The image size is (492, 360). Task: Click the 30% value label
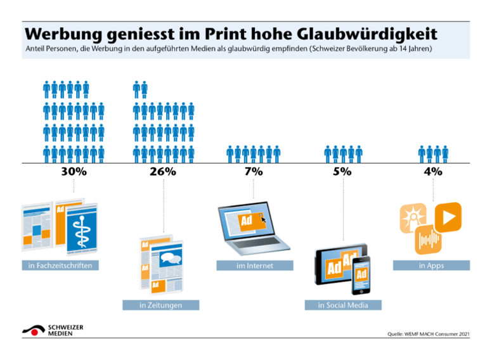pyautogui.click(x=74, y=172)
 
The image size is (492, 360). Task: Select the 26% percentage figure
pyautogui.click(x=164, y=172)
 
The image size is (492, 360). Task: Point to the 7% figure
pyautogui.click(x=253, y=172)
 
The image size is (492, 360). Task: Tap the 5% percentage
pyautogui.click(x=343, y=172)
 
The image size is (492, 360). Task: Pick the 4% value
pyautogui.click(x=433, y=172)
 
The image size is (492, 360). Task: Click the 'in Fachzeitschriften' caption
pyautogui.click(x=60, y=266)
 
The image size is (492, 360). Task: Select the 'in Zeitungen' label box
pyautogui.click(x=160, y=305)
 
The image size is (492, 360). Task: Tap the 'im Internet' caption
pyautogui.click(x=254, y=266)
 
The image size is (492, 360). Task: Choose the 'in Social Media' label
pyautogui.click(x=343, y=305)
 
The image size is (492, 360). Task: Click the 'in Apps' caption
pyautogui.click(x=431, y=266)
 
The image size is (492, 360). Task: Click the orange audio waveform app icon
pyautogui.click(x=428, y=241)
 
